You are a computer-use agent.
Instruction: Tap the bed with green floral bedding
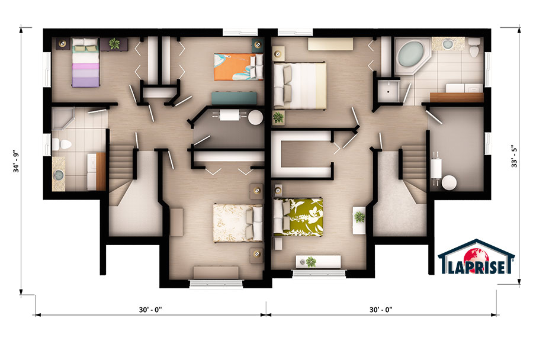(298, 217)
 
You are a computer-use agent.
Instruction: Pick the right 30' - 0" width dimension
(381, 309)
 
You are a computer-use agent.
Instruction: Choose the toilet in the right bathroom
(474, 48)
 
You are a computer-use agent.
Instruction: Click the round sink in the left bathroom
(59, 176)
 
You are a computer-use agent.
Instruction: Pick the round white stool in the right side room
(449, 182)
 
